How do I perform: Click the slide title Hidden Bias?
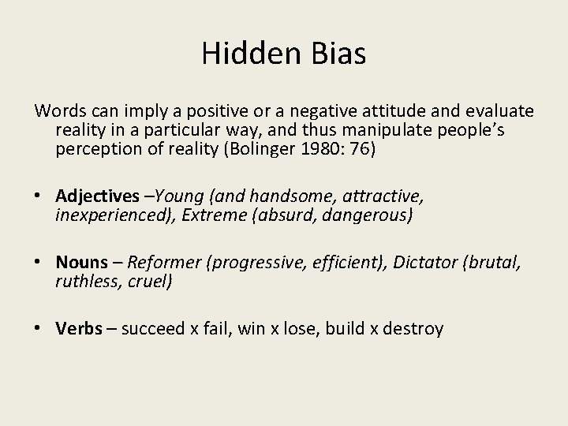pyautogui.click(x=283, y=53)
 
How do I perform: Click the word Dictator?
pyautogui.click(x=424, y=262)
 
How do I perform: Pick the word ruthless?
pyautogui.click(x=84, y=281)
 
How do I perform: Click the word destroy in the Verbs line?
pyautogui.click(x=415, y=328)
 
